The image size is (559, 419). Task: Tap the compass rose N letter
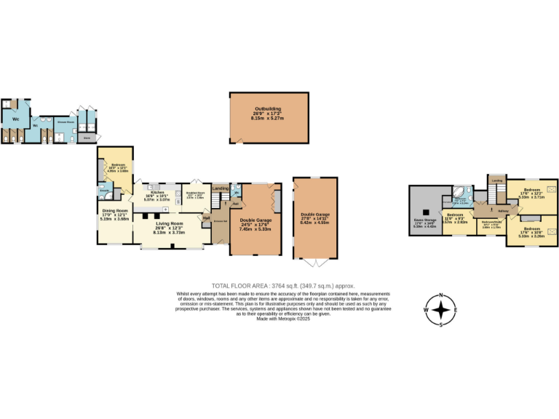click(x=441, y=296)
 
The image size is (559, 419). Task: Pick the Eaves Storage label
click(x=424, y=221)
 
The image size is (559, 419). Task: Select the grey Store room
click(x=87, y=136)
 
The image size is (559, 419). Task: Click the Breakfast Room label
click(x=195, y=193)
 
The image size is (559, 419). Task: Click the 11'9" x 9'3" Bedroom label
click(x=456, y=215)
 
